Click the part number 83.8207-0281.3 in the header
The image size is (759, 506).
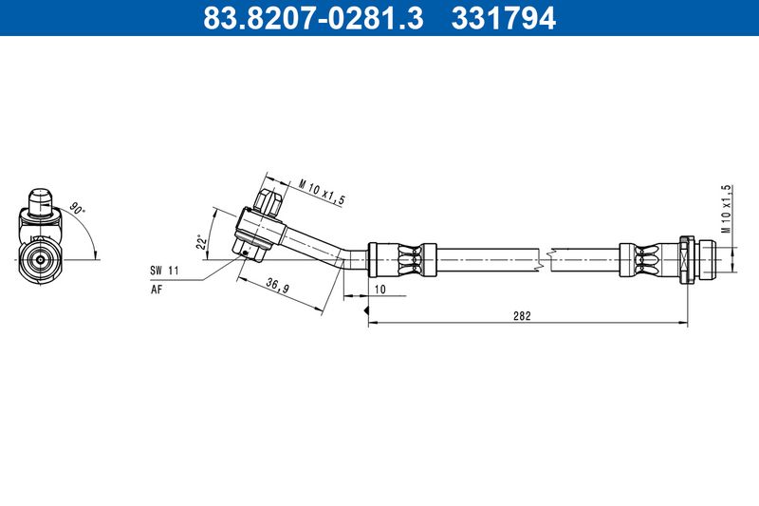[x=313, y=17]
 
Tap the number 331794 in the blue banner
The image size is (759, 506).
[x=504, y=17]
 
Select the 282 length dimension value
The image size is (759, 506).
[x=522, y=316]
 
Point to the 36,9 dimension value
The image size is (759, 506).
[x=277, y=286]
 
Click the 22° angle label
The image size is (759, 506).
[x=202, y=242]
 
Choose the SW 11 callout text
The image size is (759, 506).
[x=164, y=271]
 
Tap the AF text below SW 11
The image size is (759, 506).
[x=157, y=290]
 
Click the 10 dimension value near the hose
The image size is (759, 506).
[x=380, y=290]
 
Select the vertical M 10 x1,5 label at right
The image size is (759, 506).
[x=725, y=209]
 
